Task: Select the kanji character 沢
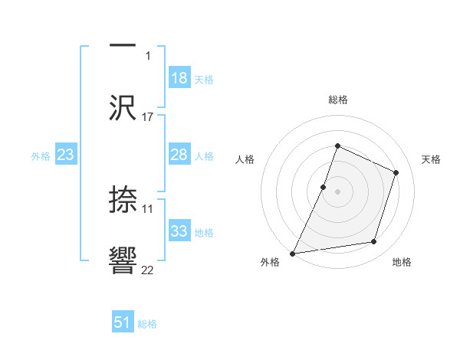click(123, 108)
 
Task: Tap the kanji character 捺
click(123, 201)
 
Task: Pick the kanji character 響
click(123, 261)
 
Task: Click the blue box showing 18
click(179, 78)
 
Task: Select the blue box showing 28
click(179, 155)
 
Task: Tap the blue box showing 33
click(179, 231)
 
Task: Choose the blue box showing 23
click(66, 155)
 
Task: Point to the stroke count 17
click(148, 116)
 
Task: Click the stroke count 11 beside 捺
click(148, 208)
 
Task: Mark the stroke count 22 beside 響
click(148, 270)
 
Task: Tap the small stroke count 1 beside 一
click(148, 55)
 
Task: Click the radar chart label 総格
click(337, 100)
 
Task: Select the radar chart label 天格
click(431, 159)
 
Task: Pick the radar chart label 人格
click(245, 159)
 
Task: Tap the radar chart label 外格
click(270, 262)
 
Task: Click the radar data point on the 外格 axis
click(293, 253)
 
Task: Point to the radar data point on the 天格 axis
click(396, 172)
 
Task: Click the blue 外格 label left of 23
click(41, 155)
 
